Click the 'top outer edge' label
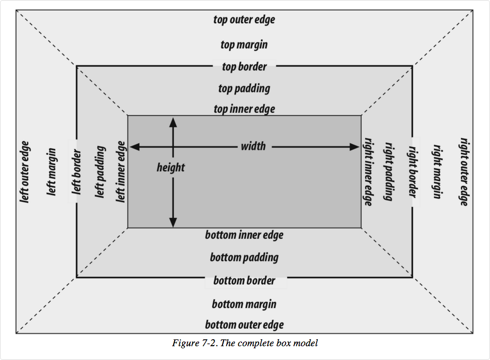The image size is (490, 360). point(244,20)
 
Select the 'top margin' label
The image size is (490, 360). point(244,45)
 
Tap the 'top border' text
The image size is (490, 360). point(244,67)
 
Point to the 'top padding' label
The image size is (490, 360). point(244,88)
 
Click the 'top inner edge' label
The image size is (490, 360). point(244,109)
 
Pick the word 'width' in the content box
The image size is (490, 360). point(253,146)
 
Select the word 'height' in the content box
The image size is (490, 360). point(171,168)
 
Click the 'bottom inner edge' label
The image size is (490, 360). point(244,235)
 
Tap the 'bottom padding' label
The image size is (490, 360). point(244,258)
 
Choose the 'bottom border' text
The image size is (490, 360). point(244,280)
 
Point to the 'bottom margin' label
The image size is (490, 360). point(244,304)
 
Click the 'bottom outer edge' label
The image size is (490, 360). point(244,324)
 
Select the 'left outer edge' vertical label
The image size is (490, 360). point(25,171)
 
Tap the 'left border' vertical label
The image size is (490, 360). point(76,171)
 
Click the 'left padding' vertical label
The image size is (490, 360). point(100,172)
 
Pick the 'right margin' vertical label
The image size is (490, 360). point(438,171)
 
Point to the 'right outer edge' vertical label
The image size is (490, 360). point(464,171)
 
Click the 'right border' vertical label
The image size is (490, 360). point(412,171)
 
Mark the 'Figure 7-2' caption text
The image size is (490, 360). point(245,343)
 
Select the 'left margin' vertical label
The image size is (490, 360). point(52,171)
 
